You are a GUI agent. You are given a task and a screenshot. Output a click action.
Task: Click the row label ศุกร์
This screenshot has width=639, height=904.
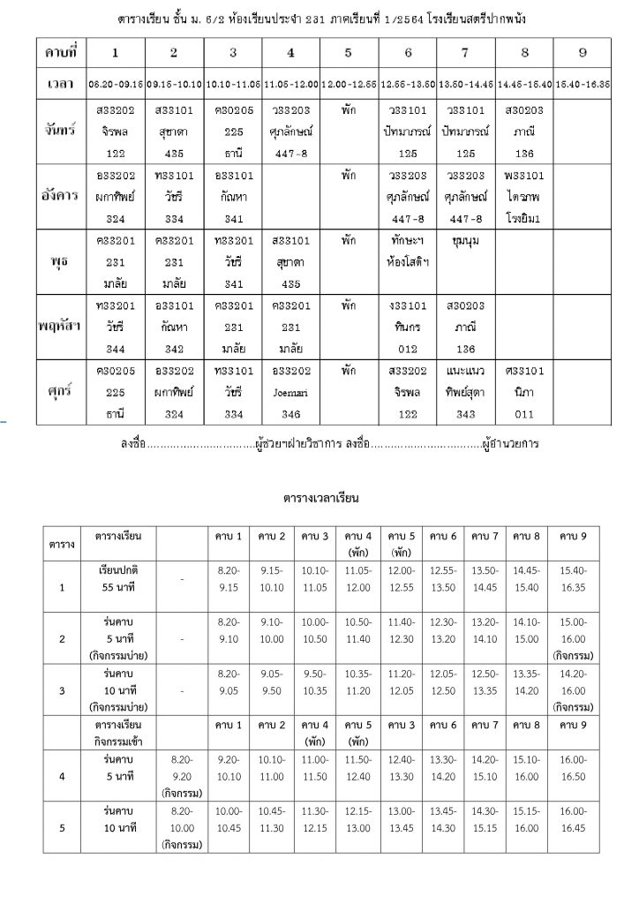61,388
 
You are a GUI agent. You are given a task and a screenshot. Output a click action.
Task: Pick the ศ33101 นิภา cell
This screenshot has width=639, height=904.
524,388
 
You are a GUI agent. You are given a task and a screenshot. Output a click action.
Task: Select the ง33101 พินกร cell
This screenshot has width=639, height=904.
410,324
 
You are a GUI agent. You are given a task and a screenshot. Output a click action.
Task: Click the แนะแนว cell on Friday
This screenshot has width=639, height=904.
465,388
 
